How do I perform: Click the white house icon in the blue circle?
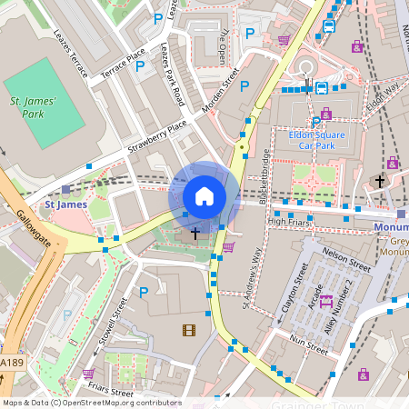(x=204, y=196)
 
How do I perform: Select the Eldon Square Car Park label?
(x=313, y=138)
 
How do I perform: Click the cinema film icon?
(x=188, y=330)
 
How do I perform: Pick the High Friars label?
(x=289, y=221)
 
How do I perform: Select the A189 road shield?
(x=11, y=363)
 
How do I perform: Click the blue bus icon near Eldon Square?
(x=322, y=88)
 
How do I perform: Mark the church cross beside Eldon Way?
(x=380, y=182)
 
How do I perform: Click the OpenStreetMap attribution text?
(x=92, y=403)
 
